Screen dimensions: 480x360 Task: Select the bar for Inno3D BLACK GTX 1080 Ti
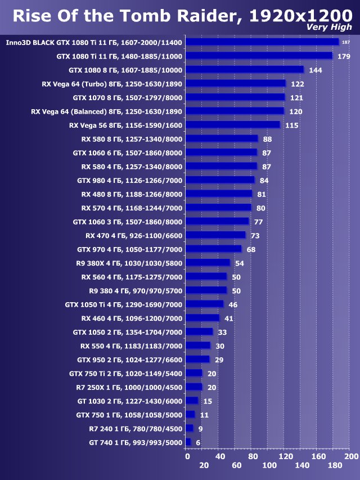coord(262,42)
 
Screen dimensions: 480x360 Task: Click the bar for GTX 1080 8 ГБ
coord(244,70)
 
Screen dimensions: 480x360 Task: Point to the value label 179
coord(344,56)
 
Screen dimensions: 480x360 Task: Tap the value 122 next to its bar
coord(298,84)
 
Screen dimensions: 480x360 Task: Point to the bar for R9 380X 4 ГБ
coord(208,263)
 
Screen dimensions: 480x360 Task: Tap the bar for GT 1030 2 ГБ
coord(191,401)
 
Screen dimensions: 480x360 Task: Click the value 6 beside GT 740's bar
coord(198,442)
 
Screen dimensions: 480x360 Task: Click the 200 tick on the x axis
coord(351,456)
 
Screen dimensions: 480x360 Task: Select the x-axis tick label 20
coord(204,465)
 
